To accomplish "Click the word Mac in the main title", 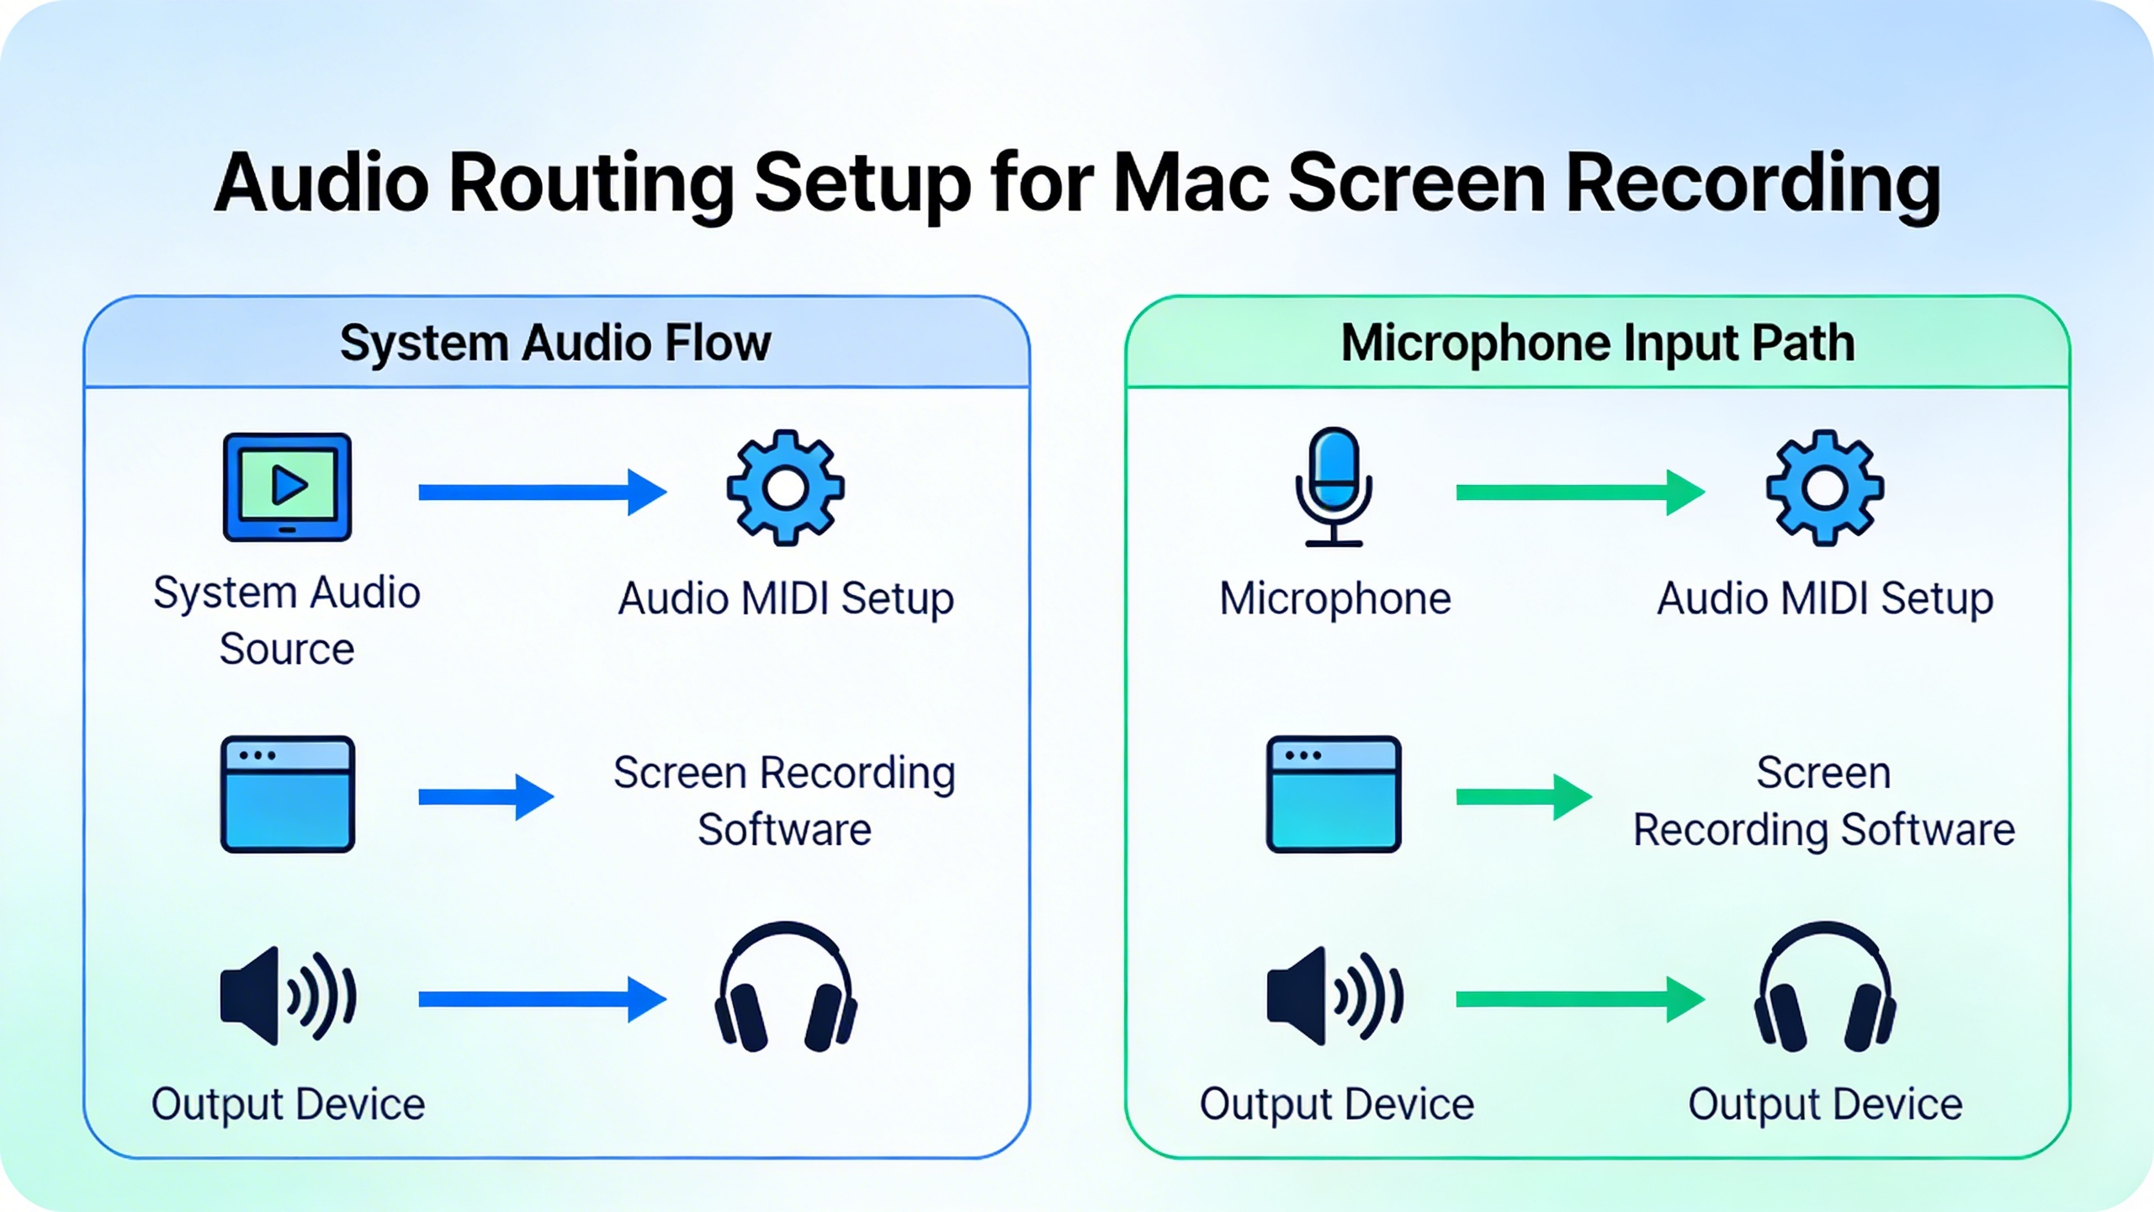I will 1191,183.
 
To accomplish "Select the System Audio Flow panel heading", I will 555,343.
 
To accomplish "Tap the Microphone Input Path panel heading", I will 1597,343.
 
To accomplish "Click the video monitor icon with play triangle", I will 287,486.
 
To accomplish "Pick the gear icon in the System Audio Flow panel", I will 785,488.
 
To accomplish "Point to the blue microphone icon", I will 1334,486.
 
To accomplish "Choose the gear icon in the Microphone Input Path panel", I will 1824,488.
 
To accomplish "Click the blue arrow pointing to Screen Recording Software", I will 486,796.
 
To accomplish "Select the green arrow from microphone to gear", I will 1580,492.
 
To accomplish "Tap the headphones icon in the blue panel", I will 785,987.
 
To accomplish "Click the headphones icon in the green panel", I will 1824,987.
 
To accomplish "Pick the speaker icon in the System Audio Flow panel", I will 287,996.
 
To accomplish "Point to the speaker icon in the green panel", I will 1334,996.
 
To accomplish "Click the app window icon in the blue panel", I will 287,794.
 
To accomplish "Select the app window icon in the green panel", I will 1334,794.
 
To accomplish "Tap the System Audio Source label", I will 287,620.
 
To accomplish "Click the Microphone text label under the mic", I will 1335,599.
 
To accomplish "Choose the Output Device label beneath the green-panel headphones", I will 1825,1104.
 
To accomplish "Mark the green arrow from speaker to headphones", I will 1580,999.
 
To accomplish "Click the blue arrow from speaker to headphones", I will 543,999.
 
